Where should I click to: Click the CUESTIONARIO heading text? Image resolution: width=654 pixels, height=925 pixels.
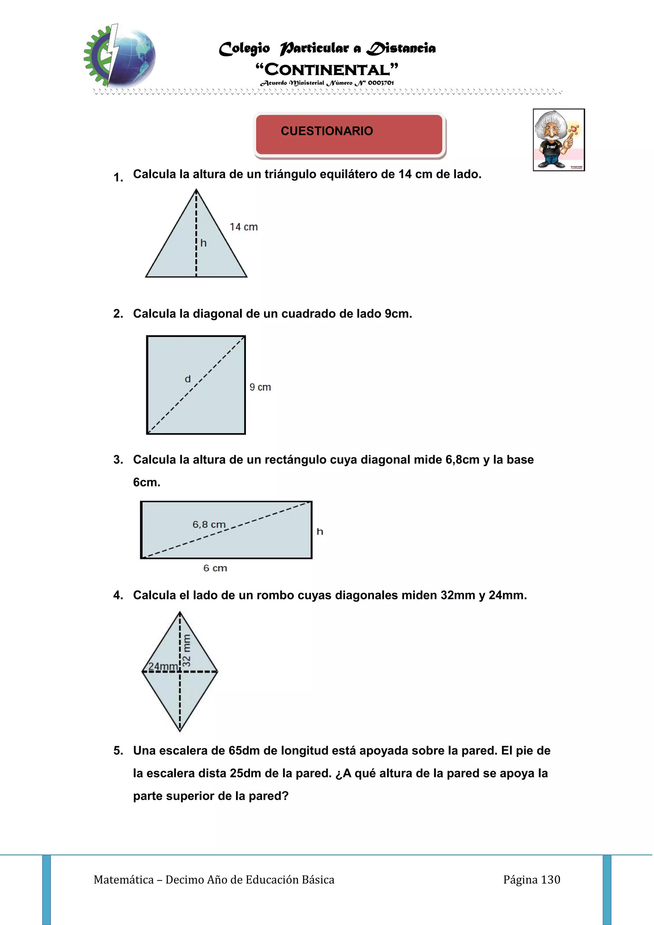pos(327,131)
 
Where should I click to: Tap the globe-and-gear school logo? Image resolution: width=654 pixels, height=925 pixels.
pos(120,56)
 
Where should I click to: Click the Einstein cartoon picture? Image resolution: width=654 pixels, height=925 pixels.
pos(559,140)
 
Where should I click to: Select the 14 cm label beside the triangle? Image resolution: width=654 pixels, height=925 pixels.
pos(244,227)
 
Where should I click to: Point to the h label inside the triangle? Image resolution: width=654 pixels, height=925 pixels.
pos(203,243)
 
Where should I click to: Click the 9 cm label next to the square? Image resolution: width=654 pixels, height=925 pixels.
pos(260,387)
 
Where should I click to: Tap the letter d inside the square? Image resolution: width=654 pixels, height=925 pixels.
pos(188,379)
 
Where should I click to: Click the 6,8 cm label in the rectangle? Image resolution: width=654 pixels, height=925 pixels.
pos(209,524)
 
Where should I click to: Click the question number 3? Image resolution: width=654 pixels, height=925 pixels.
pos(118,460)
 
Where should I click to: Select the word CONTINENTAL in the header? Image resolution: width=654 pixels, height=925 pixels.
pos(327,70)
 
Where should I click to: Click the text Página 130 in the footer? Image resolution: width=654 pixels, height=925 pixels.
pos(532,880)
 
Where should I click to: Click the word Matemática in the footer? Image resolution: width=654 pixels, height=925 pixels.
pos(124,880)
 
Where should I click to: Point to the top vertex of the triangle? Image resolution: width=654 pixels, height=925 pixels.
pos(196,189)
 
